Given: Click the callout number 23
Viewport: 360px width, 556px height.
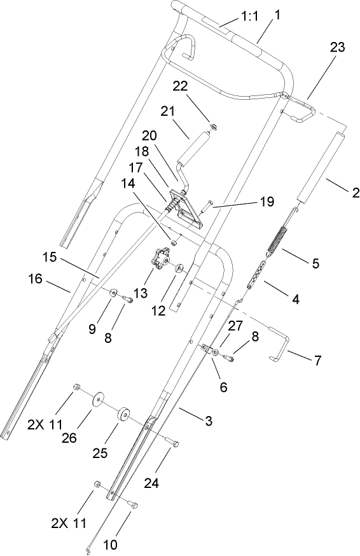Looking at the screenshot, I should [x=338, y=47].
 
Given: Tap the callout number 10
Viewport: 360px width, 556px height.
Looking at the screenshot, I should [x=109, y=544].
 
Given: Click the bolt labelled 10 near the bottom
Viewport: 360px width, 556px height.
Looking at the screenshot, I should [x=133, y=504].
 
